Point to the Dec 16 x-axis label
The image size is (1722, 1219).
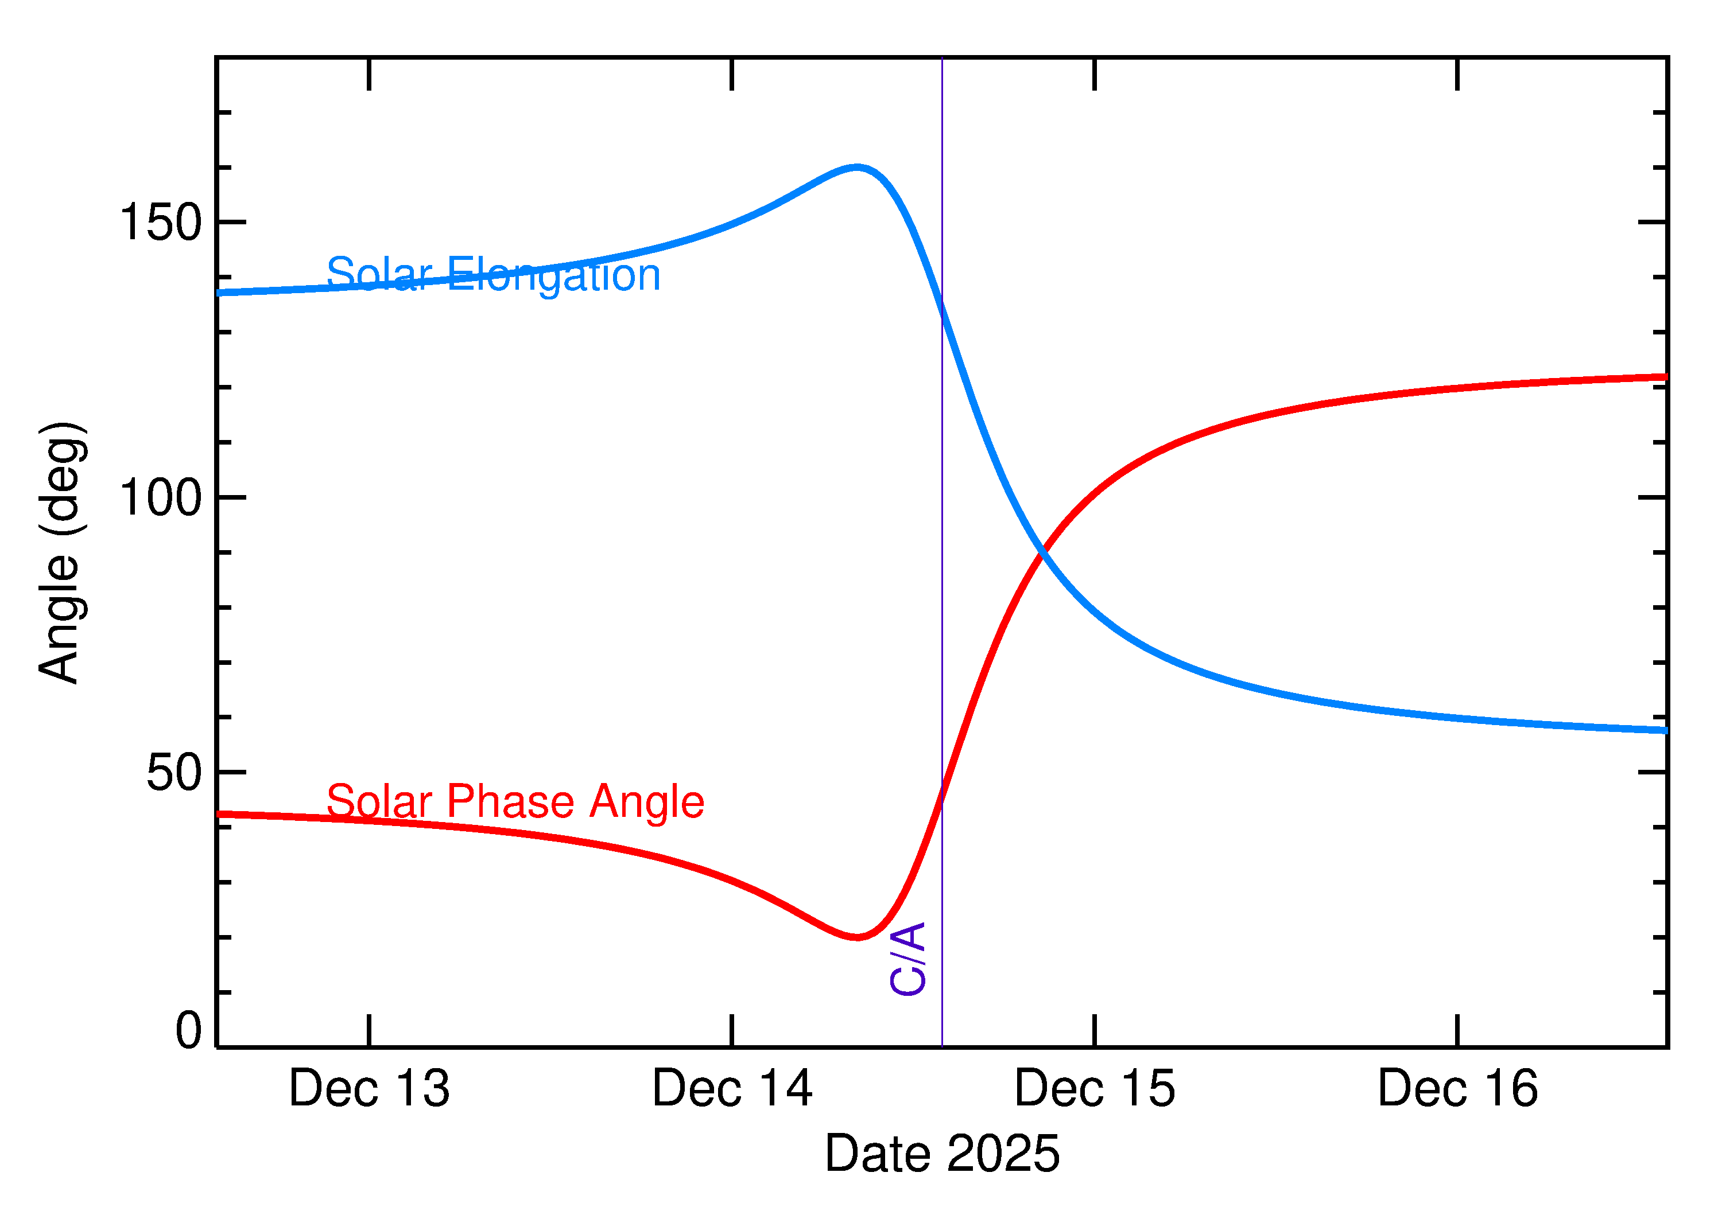click(1457, 1089)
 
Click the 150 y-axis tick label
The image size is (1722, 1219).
click(161, 223)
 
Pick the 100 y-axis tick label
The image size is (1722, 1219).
click(161, 498)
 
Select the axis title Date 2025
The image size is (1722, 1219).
click(942, 1154)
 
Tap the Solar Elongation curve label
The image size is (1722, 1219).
click(494, 275)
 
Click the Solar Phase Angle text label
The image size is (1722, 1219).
click(515, 801)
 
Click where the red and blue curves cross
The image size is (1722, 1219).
click(1042, 553)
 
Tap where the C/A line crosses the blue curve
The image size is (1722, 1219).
click(942, 307)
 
